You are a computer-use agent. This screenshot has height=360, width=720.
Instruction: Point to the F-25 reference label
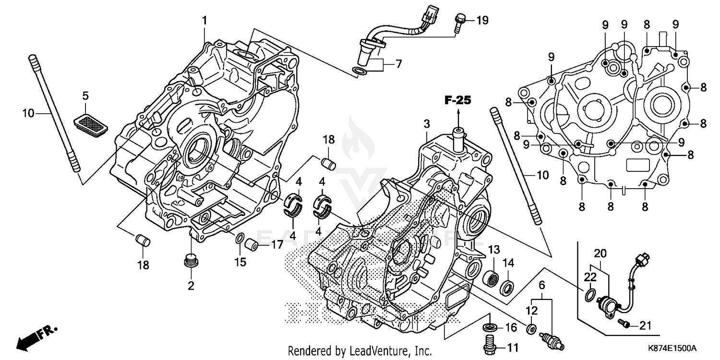[x=458, y=100]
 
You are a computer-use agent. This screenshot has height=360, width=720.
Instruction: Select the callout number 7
[x=398, y=64]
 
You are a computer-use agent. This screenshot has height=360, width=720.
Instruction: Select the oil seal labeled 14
[x=508, y=289]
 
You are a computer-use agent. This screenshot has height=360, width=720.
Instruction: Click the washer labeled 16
[x=490, y=328]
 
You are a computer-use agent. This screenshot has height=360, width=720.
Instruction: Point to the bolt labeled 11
[x=489, y=345]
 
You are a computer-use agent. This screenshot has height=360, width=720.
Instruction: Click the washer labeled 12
[x=531, y=329]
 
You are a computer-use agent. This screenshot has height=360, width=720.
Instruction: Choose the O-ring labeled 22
[x=590, y=294]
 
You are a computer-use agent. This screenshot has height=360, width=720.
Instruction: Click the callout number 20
[x=600, y=253]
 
